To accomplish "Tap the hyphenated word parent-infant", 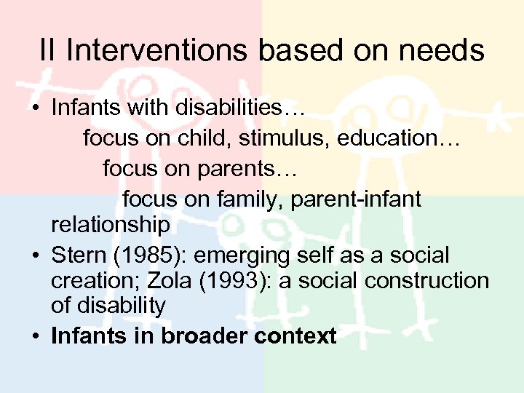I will point(356,199).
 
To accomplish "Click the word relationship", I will point(110,225).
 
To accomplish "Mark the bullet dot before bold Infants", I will point(35,337).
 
